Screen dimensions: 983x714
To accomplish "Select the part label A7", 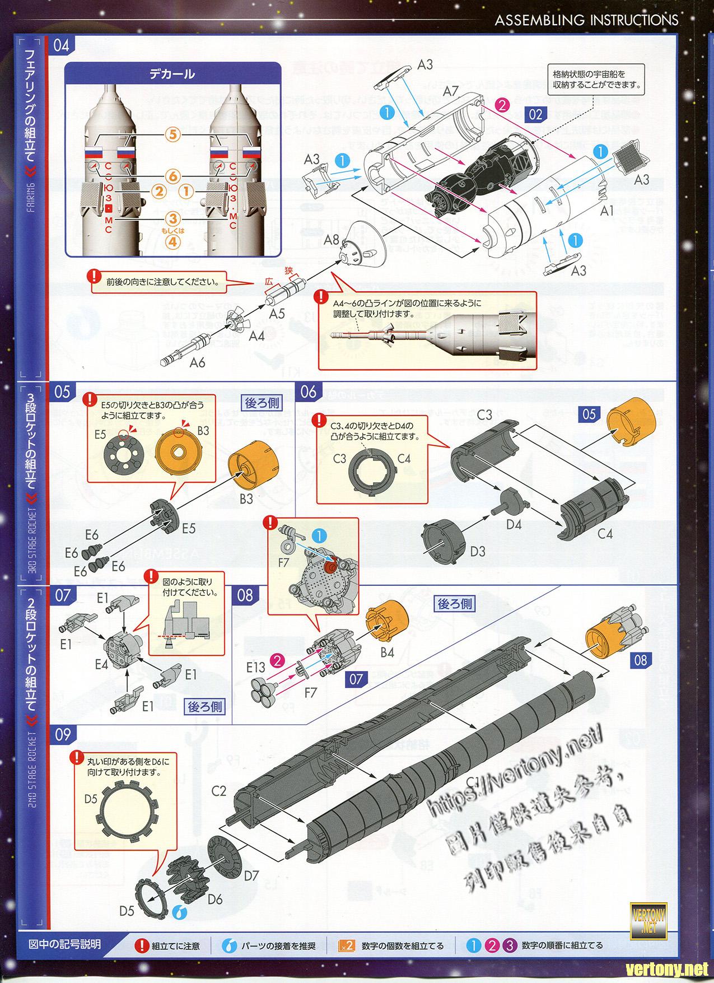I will click(x=451, y=91).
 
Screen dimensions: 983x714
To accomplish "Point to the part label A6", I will click(x=197, y=362).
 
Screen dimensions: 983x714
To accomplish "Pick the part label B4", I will click(x=387, y=652).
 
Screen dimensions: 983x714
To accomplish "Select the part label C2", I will click(x=219, y=791).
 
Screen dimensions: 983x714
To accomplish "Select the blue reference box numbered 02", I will click(x=535, y=114).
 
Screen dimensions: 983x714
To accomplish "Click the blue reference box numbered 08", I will click(x=640, y=660).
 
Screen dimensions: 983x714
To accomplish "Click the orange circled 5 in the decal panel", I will click(x=173, y=135).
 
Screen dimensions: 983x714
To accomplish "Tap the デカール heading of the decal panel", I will click(x=172, y=74).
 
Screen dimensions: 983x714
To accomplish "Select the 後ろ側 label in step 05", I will click(x=262, y=402).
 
